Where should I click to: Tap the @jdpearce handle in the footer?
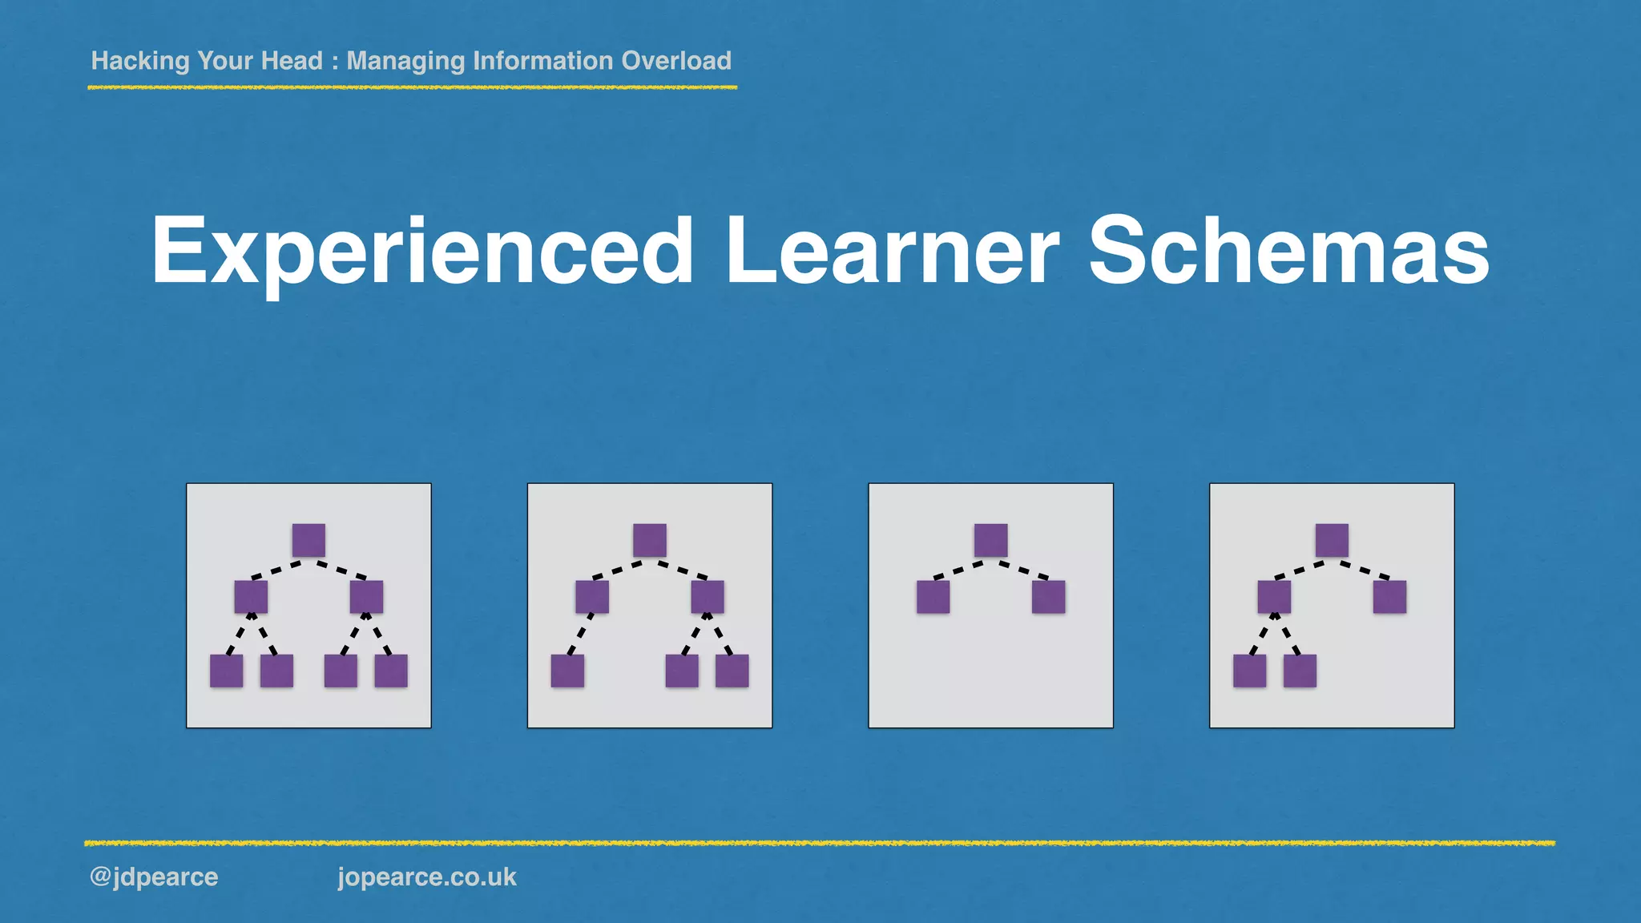tap(154, 877)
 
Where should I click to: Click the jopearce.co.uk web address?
tap(427, 877)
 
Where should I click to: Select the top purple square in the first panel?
tap(308, 540)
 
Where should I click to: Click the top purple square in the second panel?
tap(650, 540)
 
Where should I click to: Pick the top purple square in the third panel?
tap(991, 540)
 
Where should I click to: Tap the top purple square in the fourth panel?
tap(1332, 540)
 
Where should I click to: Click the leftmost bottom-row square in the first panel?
tap(226, 671)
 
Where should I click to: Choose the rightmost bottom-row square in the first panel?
tap(391, 671)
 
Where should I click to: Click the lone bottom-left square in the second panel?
tap(567, 671)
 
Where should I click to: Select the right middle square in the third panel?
tap(1049, 597)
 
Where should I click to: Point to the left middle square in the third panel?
tap(933, 597)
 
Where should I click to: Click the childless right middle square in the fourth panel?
tap(1389, 597)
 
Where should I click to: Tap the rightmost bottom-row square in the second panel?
tap(732, 671)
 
